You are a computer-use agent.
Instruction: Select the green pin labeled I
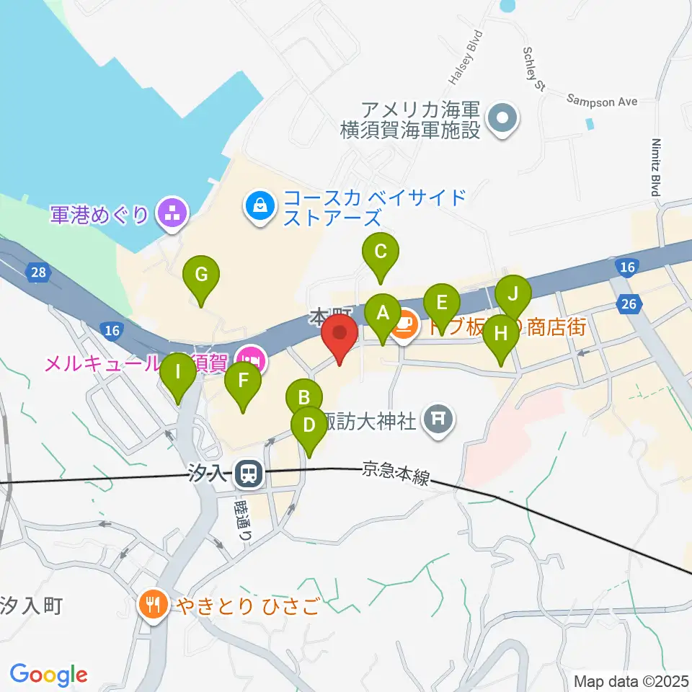tap(177, 374)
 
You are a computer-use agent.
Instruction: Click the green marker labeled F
tap(243, 381)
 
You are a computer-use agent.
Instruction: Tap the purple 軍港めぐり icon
tap(172, 213)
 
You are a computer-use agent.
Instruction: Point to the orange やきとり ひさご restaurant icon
tap(154, 603)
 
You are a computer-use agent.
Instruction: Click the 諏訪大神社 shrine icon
tap(438, 417)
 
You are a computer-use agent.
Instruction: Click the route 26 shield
tap(629, 304)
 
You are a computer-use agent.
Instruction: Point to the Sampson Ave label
tap(603, 102)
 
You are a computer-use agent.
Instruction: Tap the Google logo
tap(48, 675)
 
